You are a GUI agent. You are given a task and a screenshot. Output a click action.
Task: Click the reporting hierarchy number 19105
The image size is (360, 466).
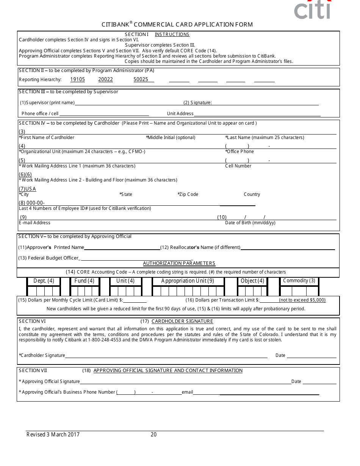point(78,80)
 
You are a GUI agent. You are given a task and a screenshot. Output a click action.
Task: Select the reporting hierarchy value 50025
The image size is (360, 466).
point(141,80)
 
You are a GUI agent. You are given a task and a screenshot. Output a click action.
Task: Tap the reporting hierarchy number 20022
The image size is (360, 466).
point(106,80)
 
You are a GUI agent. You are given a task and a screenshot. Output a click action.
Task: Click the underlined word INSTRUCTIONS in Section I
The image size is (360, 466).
point(172,34)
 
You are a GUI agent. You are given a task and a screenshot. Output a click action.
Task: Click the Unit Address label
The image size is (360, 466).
point(180,114)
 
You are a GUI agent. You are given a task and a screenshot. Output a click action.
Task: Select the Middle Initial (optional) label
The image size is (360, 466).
point(171,138)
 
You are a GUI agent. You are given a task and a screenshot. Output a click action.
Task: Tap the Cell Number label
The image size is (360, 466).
point(238,166)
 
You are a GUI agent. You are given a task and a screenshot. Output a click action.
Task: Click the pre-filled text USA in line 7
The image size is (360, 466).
point(31,189)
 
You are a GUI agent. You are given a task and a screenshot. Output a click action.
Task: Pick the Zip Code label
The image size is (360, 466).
point(188,194)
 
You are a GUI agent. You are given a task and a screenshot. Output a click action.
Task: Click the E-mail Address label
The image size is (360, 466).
point(34,223)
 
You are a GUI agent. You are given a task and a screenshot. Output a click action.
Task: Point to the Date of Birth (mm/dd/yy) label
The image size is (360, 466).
point(250,223)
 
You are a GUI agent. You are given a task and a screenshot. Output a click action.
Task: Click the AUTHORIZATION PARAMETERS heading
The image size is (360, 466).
point(179,263)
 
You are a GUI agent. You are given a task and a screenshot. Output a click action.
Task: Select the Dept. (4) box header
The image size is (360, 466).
point(44,281)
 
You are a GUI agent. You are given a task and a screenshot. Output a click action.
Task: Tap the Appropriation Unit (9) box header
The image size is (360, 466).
point(188,281)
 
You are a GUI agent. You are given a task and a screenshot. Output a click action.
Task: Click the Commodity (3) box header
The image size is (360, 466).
point(299,281)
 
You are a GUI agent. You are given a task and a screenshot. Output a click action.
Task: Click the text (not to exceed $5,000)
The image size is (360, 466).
point(302,300)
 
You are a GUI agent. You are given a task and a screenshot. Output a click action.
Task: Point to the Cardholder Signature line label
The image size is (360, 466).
point(42,355)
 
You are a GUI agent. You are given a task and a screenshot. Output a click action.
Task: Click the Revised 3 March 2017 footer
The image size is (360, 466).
point(53,435)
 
